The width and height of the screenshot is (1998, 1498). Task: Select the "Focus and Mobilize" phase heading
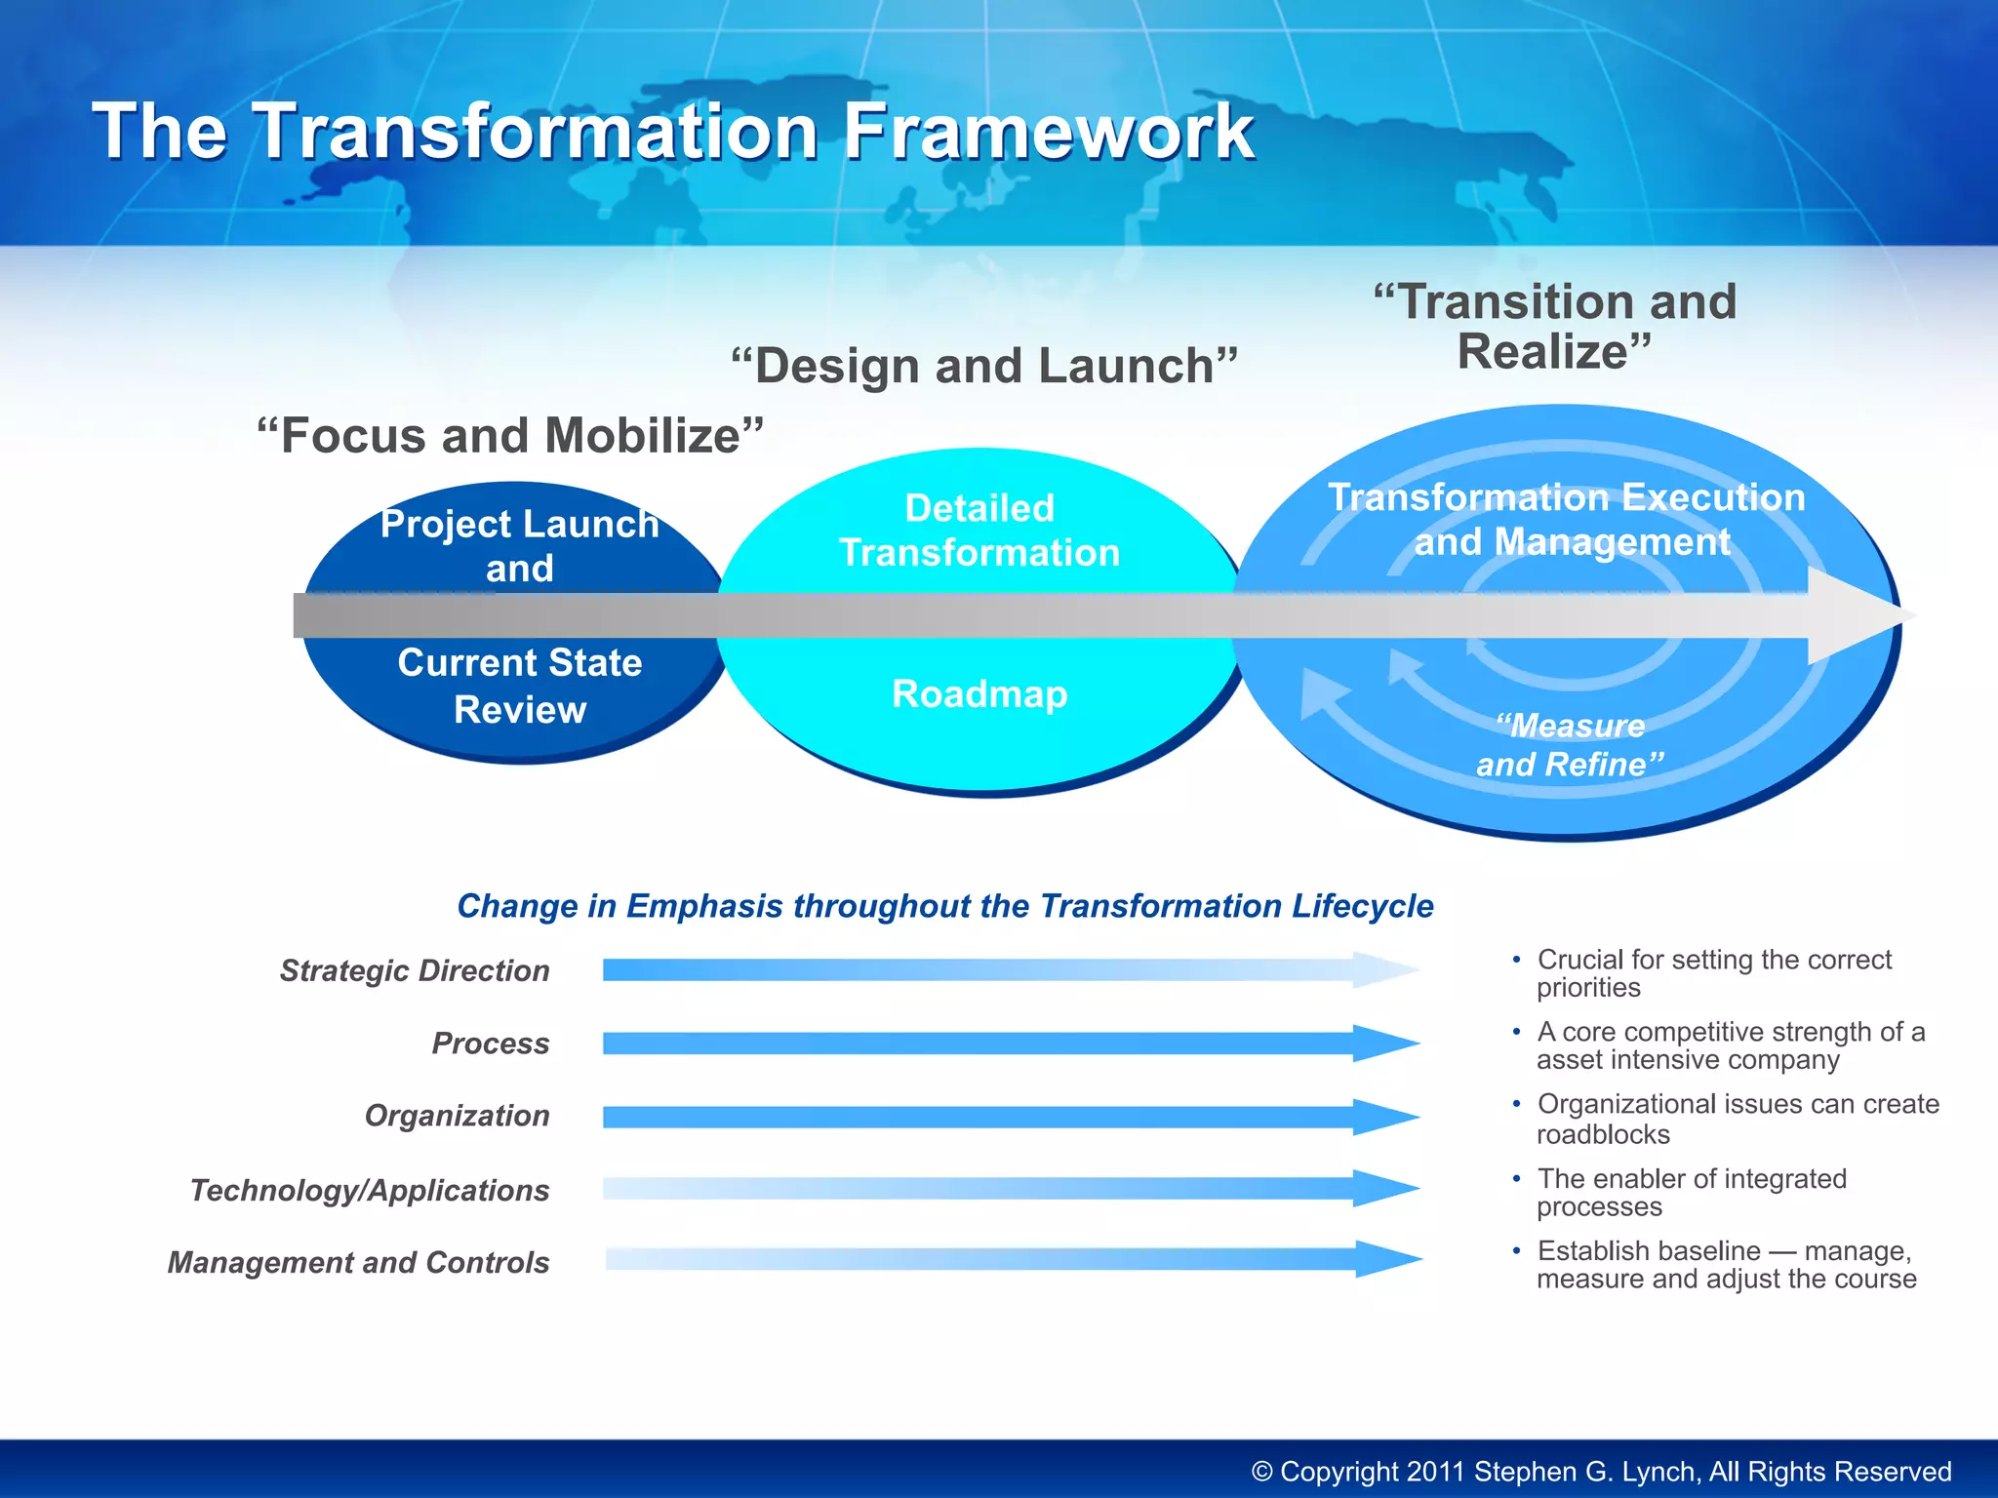509,435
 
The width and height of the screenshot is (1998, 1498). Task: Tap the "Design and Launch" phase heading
984,366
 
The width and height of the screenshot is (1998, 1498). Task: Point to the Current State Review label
520,686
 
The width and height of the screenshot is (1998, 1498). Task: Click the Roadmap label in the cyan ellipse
979,694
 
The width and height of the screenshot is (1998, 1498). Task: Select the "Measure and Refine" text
1569,745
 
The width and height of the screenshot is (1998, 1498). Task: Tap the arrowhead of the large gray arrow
1858,615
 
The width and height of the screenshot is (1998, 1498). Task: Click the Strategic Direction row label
415,970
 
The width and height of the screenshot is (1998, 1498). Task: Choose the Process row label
491,1044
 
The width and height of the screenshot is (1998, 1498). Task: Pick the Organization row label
457,1116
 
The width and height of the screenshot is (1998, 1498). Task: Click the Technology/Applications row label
370,1190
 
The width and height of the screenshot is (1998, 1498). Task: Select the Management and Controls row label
358,1262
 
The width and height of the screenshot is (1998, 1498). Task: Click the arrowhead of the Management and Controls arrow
1386,1259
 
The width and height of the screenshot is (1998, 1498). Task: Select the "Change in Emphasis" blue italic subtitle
944,906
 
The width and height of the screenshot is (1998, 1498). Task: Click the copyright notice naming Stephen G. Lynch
1601,1471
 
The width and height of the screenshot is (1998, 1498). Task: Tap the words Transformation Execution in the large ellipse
1566,497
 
